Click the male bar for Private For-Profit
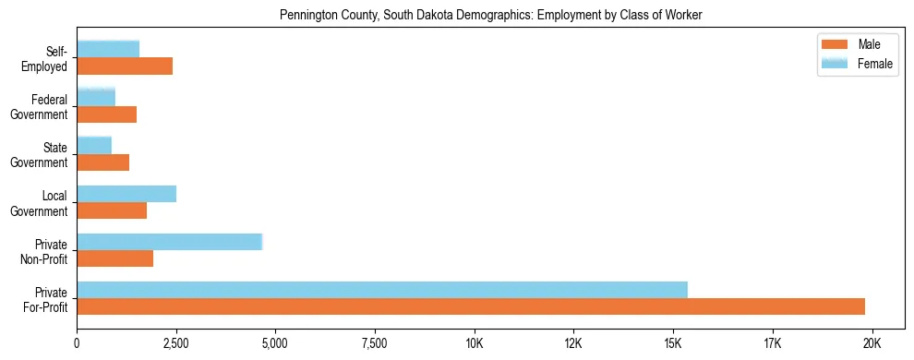(471, 306)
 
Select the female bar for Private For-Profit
(382, 289)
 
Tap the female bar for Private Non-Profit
(170, 242)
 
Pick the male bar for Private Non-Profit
(115, 258)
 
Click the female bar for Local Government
(126, 194)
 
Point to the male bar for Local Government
(112, 210)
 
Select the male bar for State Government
(102, 162)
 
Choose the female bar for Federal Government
(96, 97)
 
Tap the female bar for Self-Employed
(108, 49)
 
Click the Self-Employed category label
(49, 58)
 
